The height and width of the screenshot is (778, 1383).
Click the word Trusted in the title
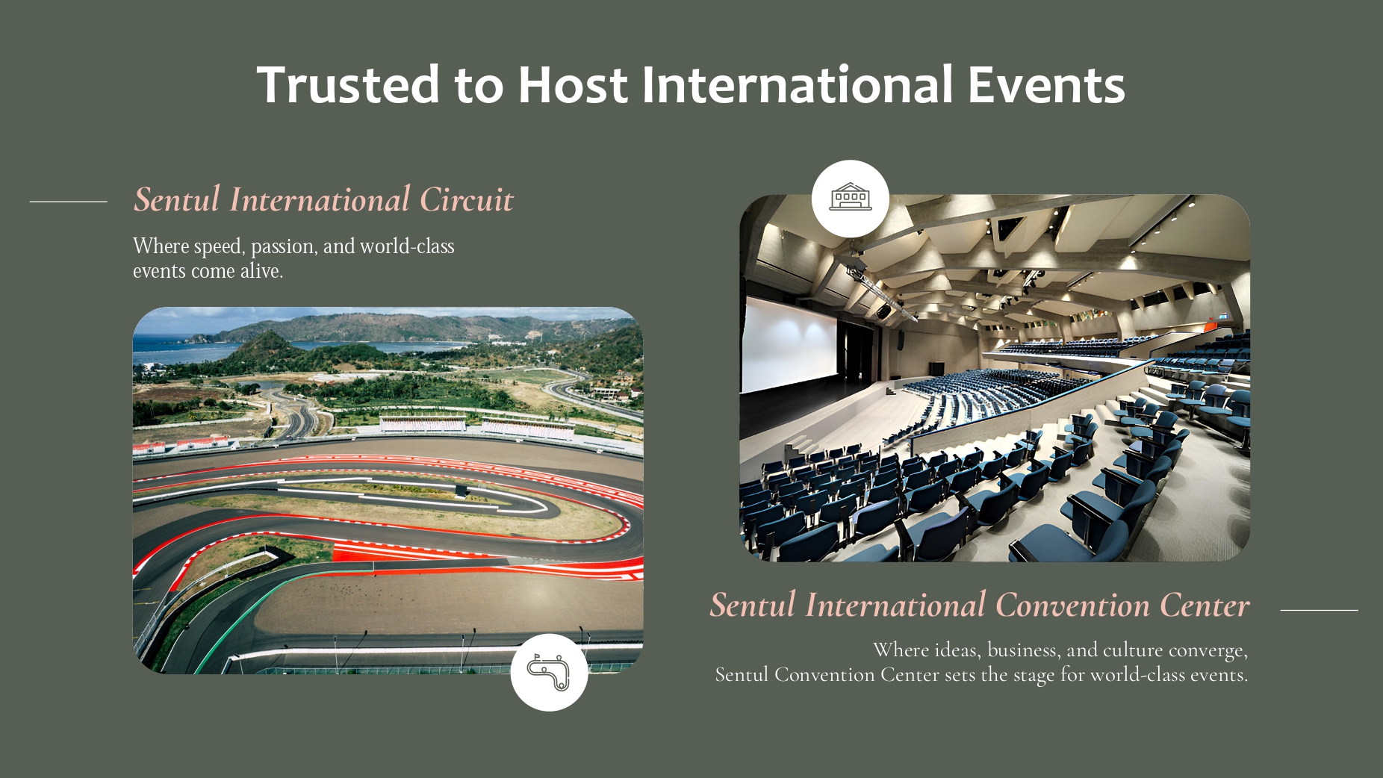(x=348, y=84)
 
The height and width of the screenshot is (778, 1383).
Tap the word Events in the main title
(x=1046, y=84)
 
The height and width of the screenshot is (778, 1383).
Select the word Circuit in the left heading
(x=467, y=200)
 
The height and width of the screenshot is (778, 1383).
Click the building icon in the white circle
(x=851, y=198)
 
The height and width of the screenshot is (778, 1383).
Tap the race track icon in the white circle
(x=549, y=672)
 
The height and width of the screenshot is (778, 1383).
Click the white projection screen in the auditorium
(x=789, y=344)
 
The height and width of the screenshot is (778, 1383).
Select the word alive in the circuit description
(x=261, y=270)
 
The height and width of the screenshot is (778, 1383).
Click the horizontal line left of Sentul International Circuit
(x=68, y=202)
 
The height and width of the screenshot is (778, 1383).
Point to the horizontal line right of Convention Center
(x=1319, y=610)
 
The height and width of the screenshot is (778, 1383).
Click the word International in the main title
(x=798, y=84)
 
